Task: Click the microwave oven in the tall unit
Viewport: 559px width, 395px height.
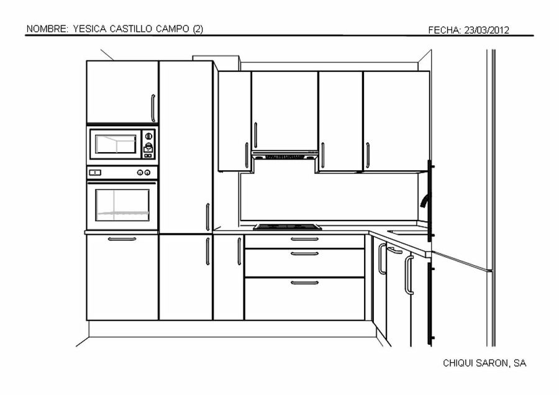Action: coord(122,144)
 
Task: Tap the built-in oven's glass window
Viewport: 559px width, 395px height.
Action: coord(122,206)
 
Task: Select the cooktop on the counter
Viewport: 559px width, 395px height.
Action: coord(287,227)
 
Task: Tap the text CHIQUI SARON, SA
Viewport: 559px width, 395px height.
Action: coord(484,363)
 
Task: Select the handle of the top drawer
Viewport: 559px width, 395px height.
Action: coord(304,239)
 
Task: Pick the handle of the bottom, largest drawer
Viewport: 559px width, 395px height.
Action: coord(304,283)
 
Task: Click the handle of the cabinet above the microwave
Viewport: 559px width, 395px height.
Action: coord(153,108)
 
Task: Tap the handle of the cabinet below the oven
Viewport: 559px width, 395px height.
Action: coord(122,239)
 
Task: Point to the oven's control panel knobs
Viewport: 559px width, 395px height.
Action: coord(144,172)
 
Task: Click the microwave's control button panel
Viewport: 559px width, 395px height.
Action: coord(148,144)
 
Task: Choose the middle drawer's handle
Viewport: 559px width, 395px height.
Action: coord(304,253)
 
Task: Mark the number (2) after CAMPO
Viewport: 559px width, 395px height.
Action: coord(198,29)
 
